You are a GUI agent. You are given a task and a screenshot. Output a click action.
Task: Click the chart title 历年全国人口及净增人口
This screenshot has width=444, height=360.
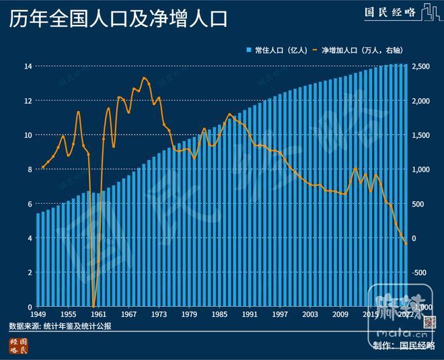click(x=118, y=18)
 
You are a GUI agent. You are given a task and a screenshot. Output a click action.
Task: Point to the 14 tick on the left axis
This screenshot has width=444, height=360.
click(x=28, y=66)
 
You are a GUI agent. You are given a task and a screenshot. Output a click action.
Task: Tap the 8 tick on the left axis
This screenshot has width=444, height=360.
click(x=29, y=169)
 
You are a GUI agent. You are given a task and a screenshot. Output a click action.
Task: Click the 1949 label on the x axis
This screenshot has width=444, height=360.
click(x=38, y=314)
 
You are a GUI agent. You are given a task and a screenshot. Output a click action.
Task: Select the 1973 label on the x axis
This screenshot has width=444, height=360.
click(x=159, y=314)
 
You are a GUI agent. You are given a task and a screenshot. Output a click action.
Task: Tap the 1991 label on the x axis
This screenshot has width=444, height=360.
click(x=251, y=314)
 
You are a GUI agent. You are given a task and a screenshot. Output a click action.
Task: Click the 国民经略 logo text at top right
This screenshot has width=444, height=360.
click(x=390, y=13)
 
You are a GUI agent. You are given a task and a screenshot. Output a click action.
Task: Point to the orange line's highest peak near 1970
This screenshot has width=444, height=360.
click(x=144, y=78)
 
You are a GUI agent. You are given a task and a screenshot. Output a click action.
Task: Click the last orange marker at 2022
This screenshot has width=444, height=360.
click(x=406, y=243)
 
